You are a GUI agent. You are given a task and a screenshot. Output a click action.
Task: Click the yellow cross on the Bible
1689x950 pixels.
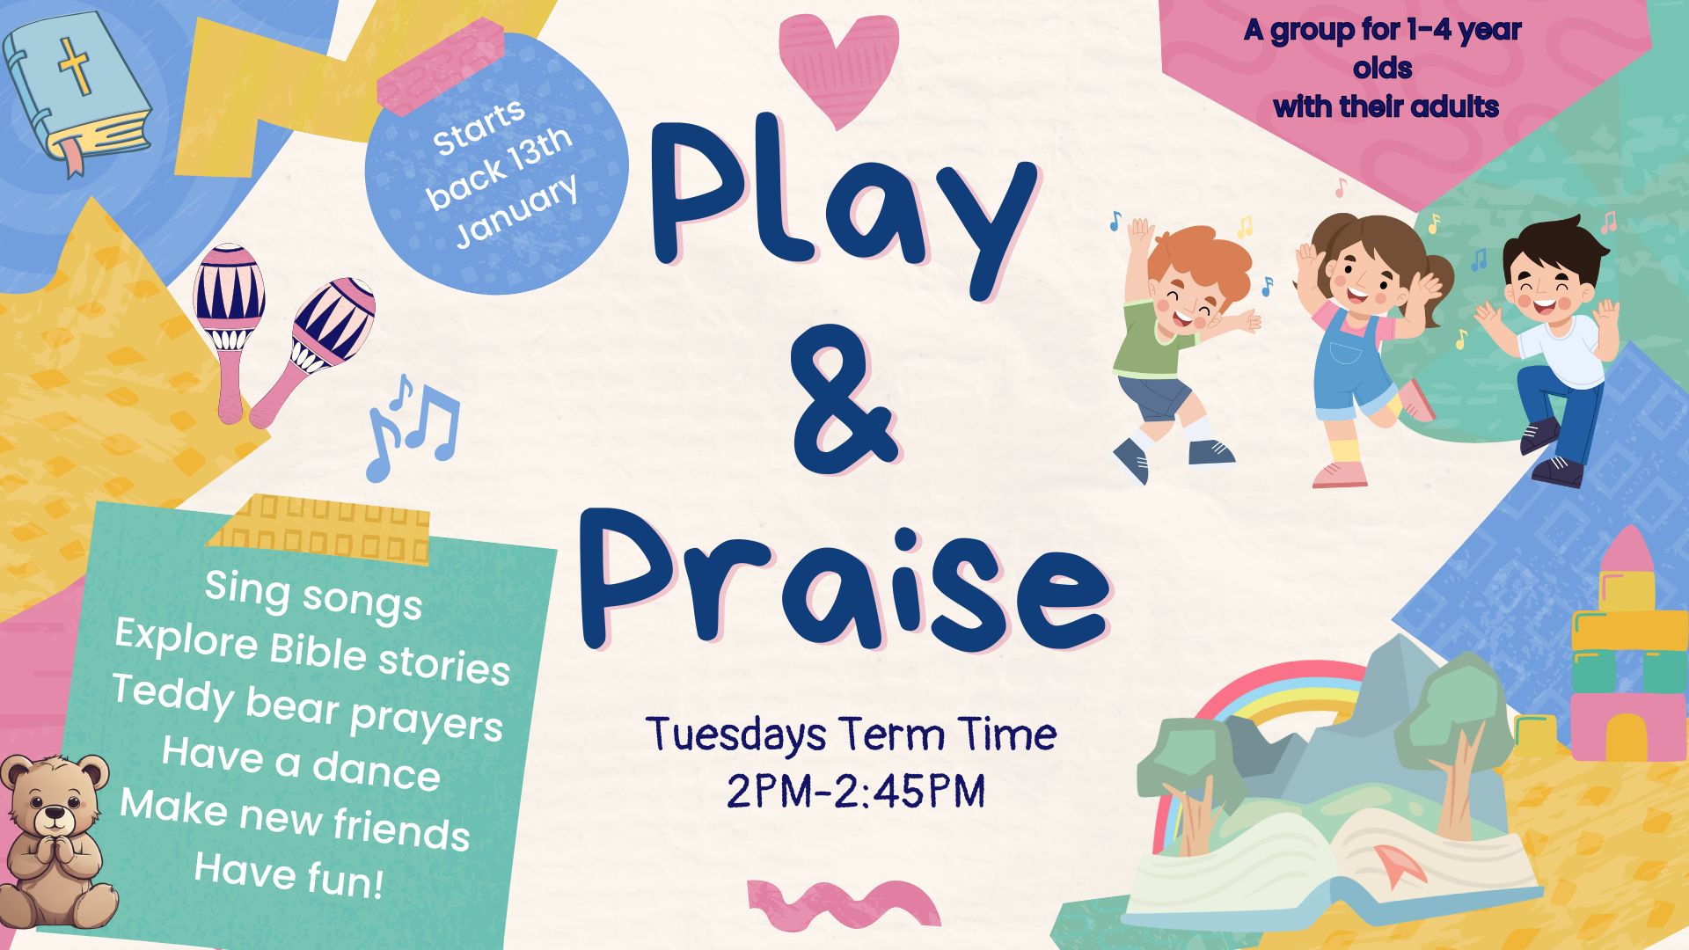[x=75, y=67]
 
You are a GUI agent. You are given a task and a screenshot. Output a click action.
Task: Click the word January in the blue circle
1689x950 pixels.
[x=517, y=211]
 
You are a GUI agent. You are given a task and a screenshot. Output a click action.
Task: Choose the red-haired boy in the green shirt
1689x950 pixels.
[x=1179, y=343]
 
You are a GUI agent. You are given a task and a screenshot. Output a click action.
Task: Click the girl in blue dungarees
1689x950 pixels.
[x=1359, y=343]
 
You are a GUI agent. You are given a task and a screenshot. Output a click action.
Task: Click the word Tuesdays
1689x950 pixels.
[x=735, y=734]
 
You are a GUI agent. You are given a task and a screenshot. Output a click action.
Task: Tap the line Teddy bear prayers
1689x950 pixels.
[x=308, y=708]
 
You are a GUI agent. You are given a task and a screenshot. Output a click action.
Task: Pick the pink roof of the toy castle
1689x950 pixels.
[x=1628, y=550]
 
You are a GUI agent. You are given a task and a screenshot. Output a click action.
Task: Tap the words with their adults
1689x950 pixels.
[x=1386, y=107]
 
